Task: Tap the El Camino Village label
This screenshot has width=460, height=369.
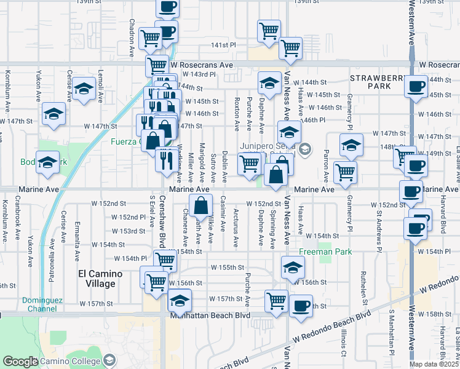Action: click(x=97, y=279)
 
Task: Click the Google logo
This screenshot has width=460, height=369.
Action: click(x=20, y=362)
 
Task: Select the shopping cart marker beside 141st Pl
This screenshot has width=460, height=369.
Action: click(x=290, y=47)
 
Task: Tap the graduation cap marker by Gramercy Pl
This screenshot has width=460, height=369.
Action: click(x=351, y=145)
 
